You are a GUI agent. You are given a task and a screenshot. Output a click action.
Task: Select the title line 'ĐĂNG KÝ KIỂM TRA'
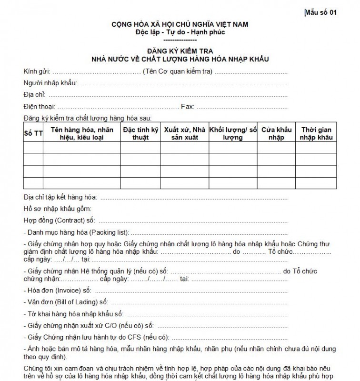click(x=180, y=51)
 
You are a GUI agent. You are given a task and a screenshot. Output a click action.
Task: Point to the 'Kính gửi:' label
click(x=36, y=72)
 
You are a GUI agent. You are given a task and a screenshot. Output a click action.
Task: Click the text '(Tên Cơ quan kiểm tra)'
click(x=177, y=72)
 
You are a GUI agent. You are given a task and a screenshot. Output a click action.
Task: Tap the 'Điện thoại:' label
click(x=39, y=106)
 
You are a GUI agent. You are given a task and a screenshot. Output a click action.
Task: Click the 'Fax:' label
click(x=187, y=106)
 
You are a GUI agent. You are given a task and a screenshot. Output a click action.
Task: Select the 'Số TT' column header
click(x=33, y=133)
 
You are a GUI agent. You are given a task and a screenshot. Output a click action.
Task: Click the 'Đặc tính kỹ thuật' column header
click(x=140, y=133)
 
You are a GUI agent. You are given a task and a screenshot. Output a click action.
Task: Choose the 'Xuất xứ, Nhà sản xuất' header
click(x=184, y=133)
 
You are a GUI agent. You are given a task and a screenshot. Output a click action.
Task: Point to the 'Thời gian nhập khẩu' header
click(x=316, y=133)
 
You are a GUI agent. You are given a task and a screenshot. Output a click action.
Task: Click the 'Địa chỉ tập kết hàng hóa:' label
click(x=60, y=197)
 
